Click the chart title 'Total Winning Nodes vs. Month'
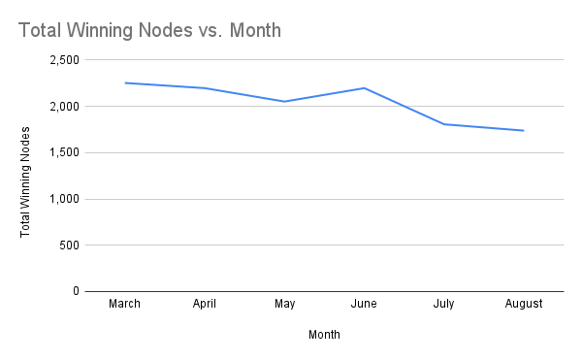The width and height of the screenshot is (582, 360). pyautogui.click(x=149, y=31)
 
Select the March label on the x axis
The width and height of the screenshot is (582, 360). pyautogui.click(x=125, y=304)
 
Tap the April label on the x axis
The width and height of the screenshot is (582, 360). pyautogui.click(x=205, y=304)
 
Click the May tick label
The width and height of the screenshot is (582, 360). pyautogui.click(x=284, y=304)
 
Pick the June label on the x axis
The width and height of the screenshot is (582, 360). pyautogui.click(x=364, y=304)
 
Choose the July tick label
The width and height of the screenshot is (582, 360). pyautogui.click(x=443, y=304)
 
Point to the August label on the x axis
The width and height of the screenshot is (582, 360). pyautogui.click(x=524, y=304)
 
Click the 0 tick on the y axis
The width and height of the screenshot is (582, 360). pyautogui.click(x=76, y=291)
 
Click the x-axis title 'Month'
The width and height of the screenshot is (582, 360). pyautogui.click(x=324, y=335)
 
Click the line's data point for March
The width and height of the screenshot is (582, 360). pyautogui.click(x=125, y=82)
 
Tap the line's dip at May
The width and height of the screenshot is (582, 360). pyautogui.click(x=284, y=101)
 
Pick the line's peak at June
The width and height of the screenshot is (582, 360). pyautogui.click(x=364, y=87)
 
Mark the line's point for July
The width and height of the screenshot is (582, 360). pyautogui.click(x=443, y=124)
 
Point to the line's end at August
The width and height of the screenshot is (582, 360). pyautogui.click(x=524, y=130)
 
